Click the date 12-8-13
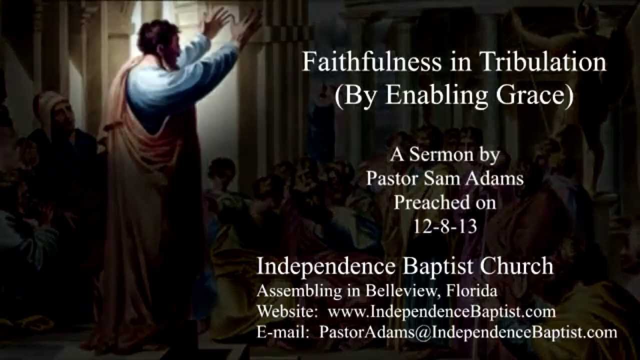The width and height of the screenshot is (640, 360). tap(444, 226)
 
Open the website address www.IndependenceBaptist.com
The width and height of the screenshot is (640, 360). tap(441, 311)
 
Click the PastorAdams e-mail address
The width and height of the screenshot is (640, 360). tap(468, 332)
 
